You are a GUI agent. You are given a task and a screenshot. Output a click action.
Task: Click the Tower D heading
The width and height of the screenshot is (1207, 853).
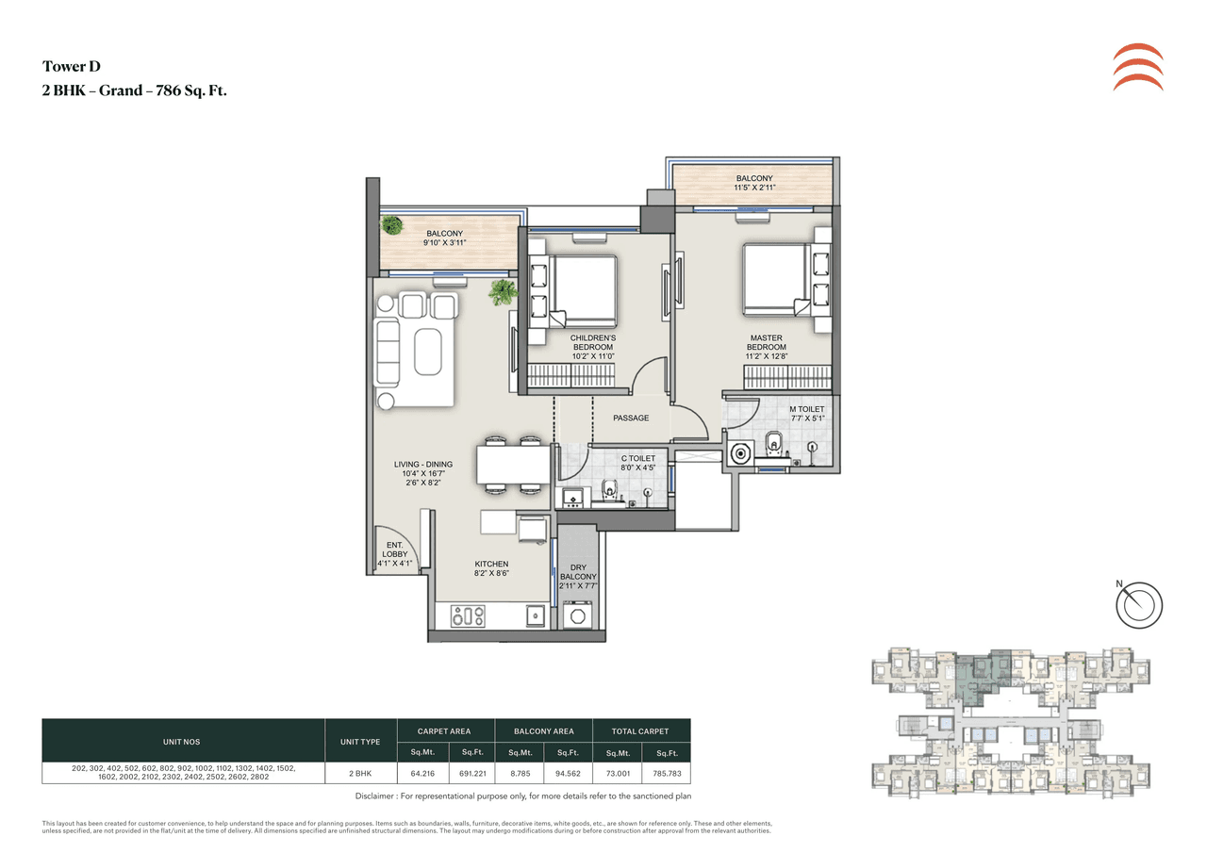72,66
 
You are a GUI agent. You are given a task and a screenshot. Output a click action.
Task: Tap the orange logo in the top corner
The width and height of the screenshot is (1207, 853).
1137,67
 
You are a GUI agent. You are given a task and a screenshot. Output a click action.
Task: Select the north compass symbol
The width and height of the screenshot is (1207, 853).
1139,603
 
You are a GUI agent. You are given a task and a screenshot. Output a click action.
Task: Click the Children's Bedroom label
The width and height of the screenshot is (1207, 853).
592,347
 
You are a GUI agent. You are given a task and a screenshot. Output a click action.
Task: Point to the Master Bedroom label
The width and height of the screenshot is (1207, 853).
768,342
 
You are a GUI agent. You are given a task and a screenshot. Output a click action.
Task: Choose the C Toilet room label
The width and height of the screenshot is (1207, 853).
637,463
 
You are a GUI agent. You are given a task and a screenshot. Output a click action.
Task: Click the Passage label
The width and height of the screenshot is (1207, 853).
631,418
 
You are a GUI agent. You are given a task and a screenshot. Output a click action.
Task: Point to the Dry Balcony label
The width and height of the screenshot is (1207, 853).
578,576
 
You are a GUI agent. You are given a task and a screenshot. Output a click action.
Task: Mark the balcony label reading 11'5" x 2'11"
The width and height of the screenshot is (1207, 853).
754,183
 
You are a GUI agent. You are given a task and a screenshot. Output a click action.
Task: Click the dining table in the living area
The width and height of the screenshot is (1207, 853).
513,464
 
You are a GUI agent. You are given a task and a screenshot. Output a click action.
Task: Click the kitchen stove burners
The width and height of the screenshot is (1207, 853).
468,616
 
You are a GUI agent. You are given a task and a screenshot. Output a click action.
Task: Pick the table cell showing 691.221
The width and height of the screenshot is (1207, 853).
471,773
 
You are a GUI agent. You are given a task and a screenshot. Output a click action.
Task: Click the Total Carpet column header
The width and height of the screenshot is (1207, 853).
641,730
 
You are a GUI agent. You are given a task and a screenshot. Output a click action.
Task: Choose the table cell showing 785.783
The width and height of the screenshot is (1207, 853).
666,773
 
